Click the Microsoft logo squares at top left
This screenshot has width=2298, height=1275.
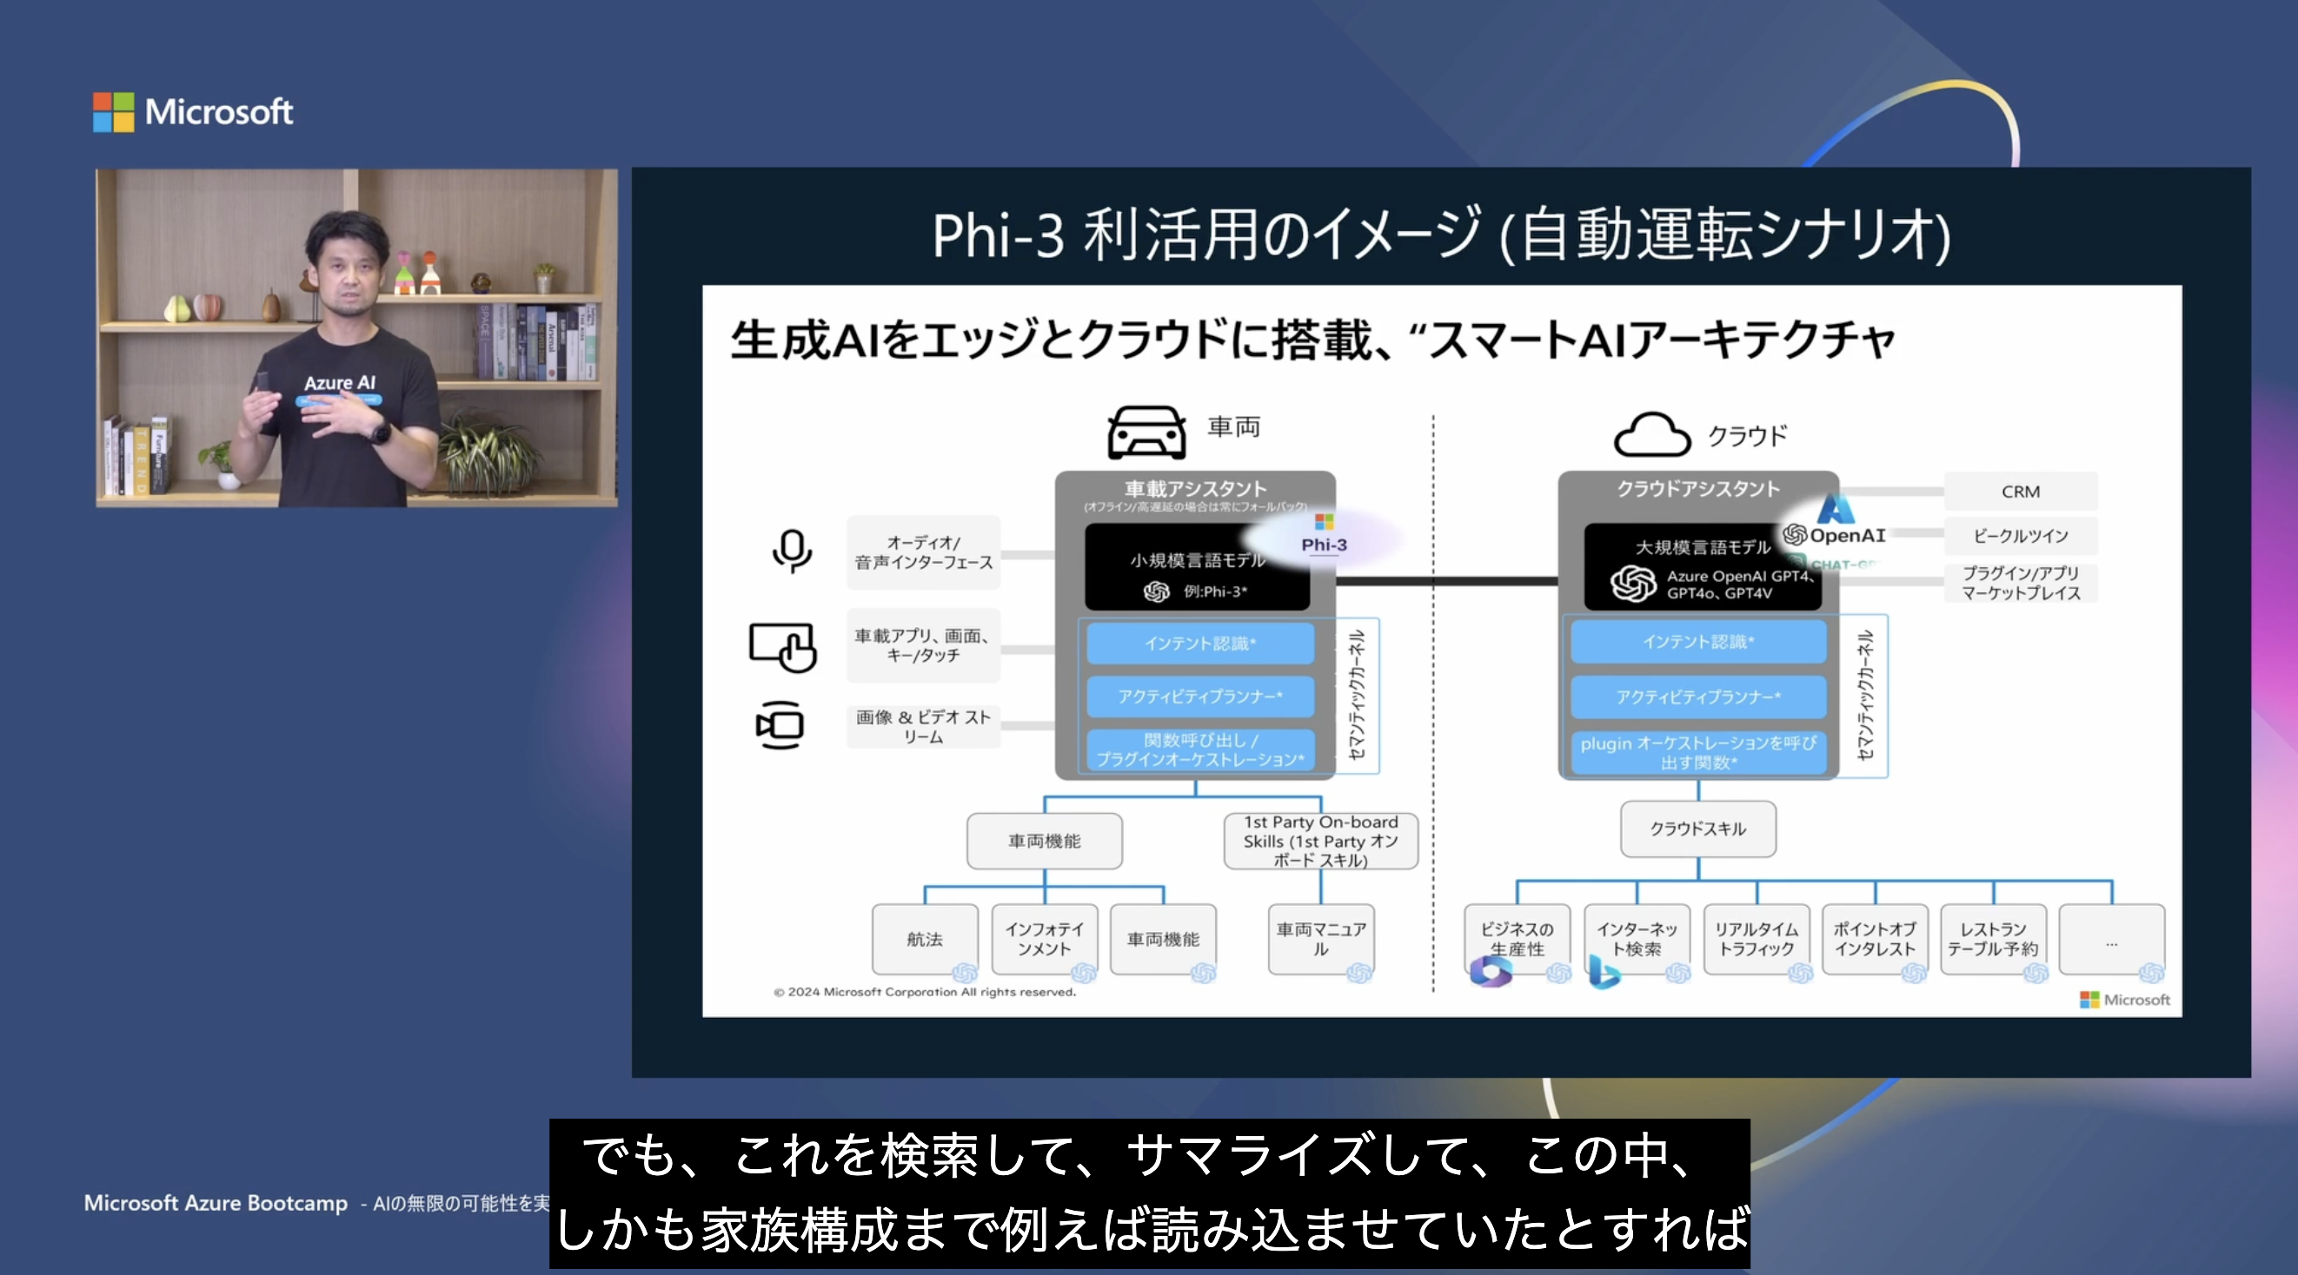pyautogui.click(x=113, y=112)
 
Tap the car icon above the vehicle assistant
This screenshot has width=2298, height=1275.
pyautogui.click(x=1146, y=433)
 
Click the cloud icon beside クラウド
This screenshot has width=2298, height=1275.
pyautogui.click(x=1651, y=435)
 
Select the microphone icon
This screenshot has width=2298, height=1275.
pyautogui.click(x=791, y=550)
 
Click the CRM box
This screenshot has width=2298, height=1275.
pyautogui.click(x=2020, y=492)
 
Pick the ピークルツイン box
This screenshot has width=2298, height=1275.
pyautogui.click(x=2020, y=536)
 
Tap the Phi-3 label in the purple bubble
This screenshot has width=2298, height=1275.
pyautogui.click(x=1324, y=545)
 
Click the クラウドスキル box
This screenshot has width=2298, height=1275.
pyautogui.click(x=1697, y=829)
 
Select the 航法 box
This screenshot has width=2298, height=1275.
pyautogui.click(x=924, y=939)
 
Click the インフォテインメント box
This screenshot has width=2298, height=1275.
pyautogui.click(x=1044, y=939)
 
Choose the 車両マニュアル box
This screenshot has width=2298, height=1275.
pyautogui.click(x=1320, y=939)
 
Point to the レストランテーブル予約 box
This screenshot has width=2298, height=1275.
pyautogui.click(x=1992, y=939)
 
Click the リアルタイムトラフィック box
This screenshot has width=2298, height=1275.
pyautogui.click(x=1756, y=939)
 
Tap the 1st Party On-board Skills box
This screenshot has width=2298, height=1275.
pyautogui.click(x=1320, y=841)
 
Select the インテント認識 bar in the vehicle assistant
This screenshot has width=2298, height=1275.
pyautogui.click(x=1200, y=643)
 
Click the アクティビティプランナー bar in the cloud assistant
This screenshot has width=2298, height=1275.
pyautogui.click(x=1697, y=697)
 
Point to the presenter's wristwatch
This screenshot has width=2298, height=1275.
pyautogui.click(x=381, y=433)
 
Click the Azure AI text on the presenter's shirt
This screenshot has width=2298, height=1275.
pyautogui.click(x=340, y=382)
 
